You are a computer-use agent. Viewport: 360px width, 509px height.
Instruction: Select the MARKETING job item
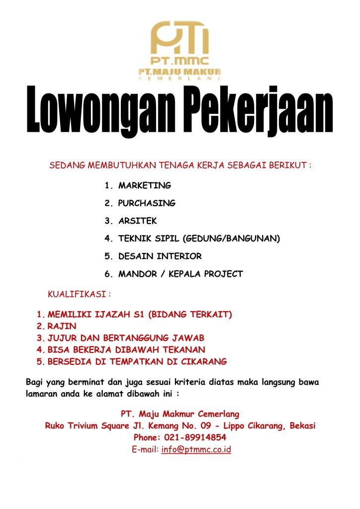tap(144, 185)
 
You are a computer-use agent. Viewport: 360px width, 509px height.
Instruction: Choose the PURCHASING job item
tap(147, 203)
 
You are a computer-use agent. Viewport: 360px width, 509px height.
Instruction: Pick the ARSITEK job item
tap(137, 221)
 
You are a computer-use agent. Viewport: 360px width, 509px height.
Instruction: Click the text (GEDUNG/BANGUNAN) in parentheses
tap(232, 239)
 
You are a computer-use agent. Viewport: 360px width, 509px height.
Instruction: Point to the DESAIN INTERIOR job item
tap(160, 256)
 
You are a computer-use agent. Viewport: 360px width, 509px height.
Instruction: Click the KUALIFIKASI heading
tap(79, 294)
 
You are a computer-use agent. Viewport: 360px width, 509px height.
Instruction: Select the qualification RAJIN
tap(62, 326)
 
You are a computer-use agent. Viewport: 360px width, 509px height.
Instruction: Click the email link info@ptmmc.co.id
tap(196, 450)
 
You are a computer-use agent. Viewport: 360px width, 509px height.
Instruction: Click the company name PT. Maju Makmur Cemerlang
tap(180, 414)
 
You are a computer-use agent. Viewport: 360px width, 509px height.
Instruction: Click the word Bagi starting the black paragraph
tap(35, 382)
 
